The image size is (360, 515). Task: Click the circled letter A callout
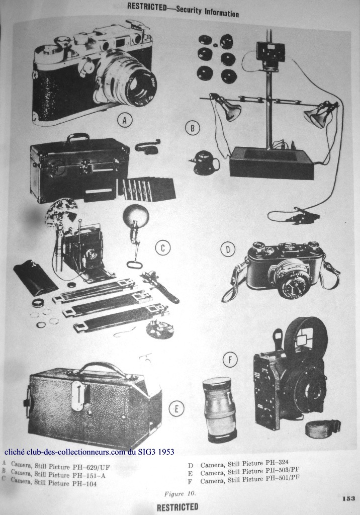click(124, 121)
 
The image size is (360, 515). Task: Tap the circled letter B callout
click(193, 128)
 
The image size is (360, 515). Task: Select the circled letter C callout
click(162, 248)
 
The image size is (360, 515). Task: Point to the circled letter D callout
click(228, 249)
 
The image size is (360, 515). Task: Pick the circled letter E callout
click(176, 408)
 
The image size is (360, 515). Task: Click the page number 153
click(348, 498)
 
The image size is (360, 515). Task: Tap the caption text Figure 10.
click(180, 493)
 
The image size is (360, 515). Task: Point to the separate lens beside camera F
click(219, 409)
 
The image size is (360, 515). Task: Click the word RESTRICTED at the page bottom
click(177, 507)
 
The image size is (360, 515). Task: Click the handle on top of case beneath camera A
click(77, 137)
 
